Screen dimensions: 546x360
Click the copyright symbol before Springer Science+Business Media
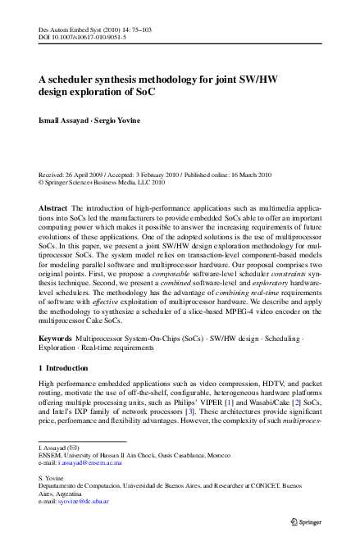click(x=43, y=184)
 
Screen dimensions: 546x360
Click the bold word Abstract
click(x=53, y=209)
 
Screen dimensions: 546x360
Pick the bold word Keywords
click(x=56, y=337)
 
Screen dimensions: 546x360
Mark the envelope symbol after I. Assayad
click(x=76, y=448)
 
